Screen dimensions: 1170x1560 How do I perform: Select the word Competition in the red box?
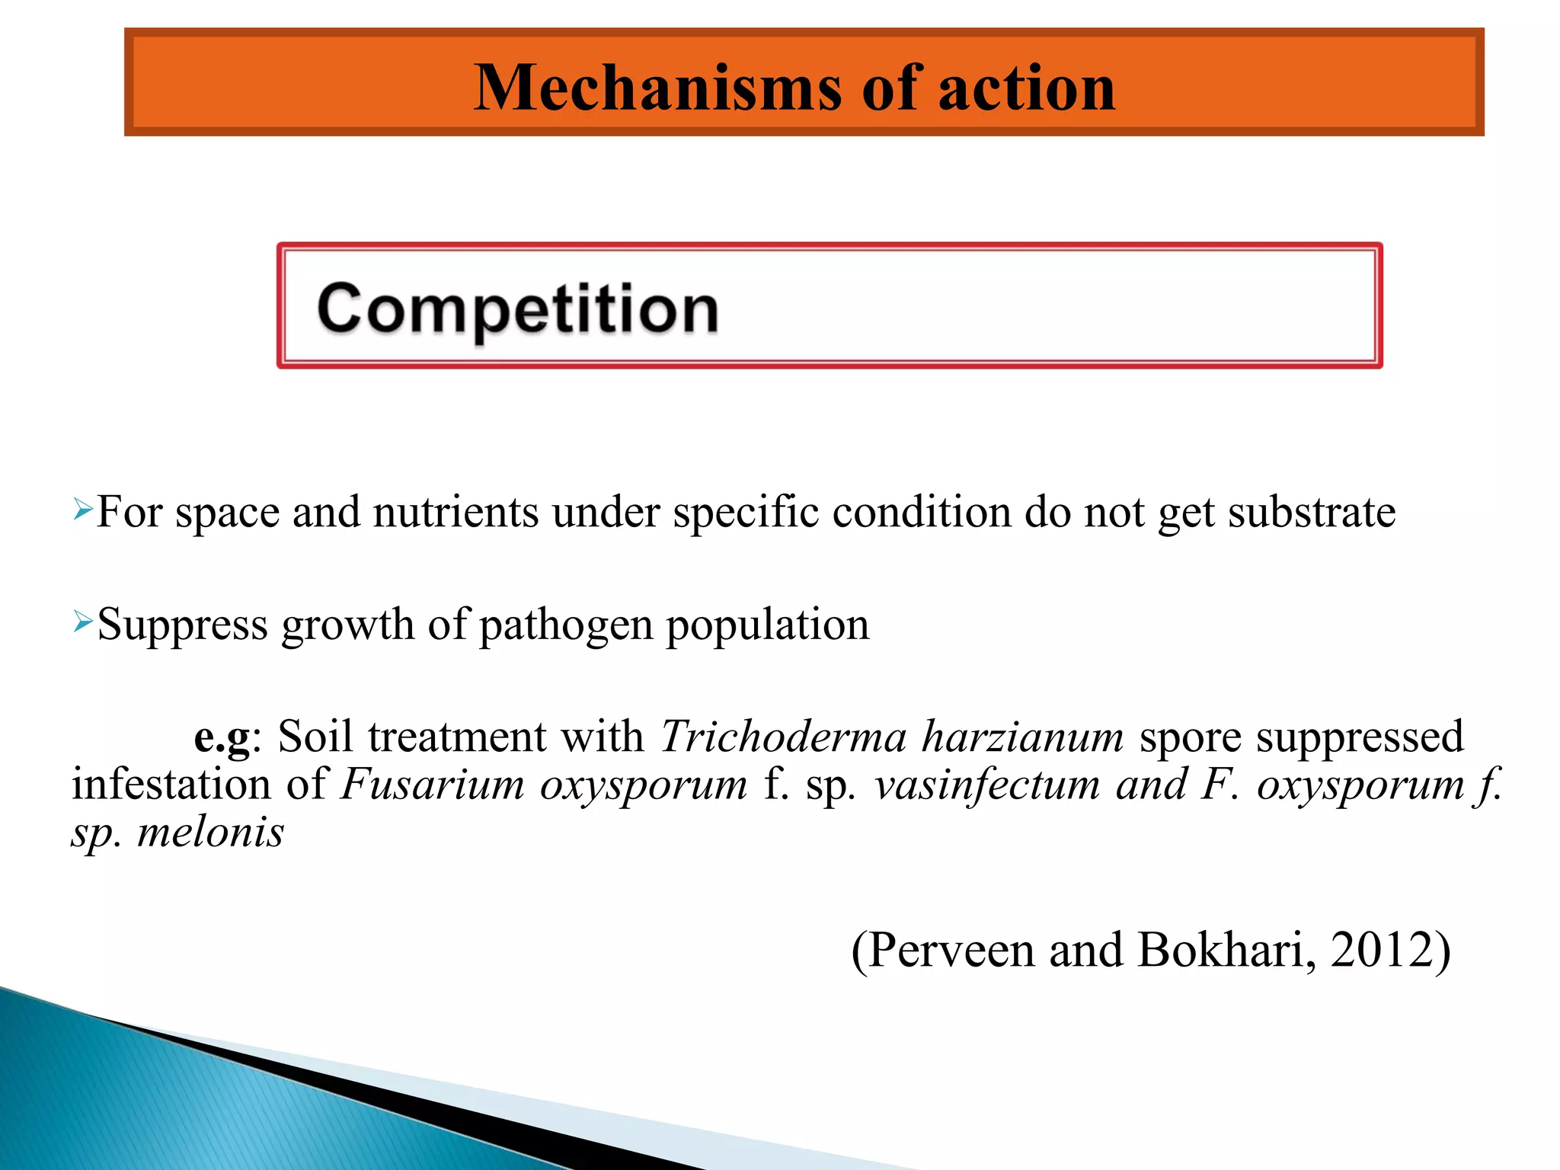[x=518, y=308]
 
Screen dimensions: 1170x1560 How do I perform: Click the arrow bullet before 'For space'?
[x=82, y=508]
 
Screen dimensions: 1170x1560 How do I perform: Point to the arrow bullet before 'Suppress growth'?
[x=82, y=622]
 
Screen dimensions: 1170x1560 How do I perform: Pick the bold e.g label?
[x=222, y=737]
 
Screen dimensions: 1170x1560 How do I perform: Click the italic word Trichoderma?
[x=784, y=737]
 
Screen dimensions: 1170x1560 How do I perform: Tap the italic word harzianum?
[x=1022, y=737]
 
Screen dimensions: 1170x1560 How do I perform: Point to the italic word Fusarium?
[x=433, y=785]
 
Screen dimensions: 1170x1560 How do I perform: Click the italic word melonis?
[x=210, y=831]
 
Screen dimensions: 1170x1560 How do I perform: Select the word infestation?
[x=171, y=785]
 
